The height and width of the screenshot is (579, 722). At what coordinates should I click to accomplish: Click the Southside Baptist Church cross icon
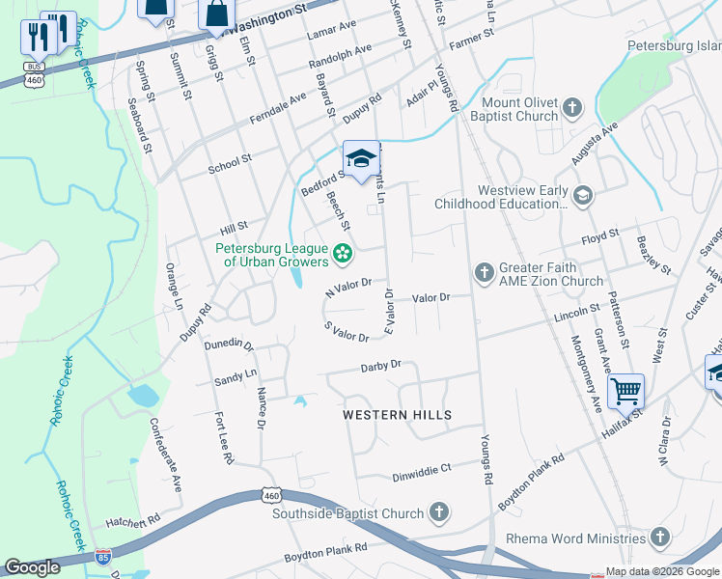[438, 513]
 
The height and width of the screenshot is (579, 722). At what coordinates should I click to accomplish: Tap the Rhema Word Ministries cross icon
[659, 537]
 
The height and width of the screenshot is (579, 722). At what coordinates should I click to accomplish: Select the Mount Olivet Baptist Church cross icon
[572, 106]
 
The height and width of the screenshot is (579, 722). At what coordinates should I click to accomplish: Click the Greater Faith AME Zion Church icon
[485, 273]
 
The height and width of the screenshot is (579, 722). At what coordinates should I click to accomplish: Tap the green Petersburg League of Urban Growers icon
[341, 255]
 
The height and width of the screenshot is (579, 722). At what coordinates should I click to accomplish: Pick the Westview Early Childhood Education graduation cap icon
[582, 196]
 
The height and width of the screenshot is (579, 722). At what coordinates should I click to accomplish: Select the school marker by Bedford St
[361, 159]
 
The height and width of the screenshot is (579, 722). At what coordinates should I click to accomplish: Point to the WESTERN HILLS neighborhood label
[398, 415]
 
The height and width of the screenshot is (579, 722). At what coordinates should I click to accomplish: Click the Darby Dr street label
[380, 366]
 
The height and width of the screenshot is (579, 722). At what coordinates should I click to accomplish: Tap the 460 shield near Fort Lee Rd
[270, 495]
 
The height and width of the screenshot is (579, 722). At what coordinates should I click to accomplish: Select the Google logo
[32, 566]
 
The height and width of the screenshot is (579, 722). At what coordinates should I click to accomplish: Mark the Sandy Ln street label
[236, 374]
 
